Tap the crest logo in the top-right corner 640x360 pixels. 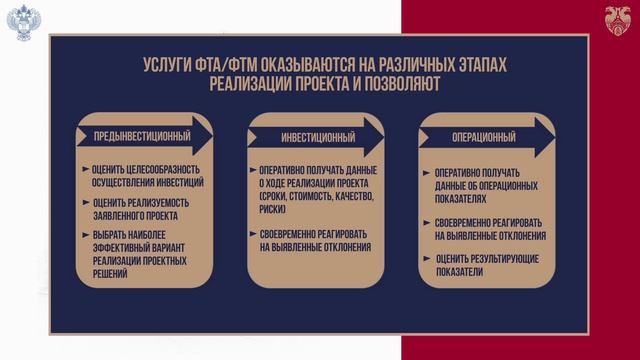[617, 19]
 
